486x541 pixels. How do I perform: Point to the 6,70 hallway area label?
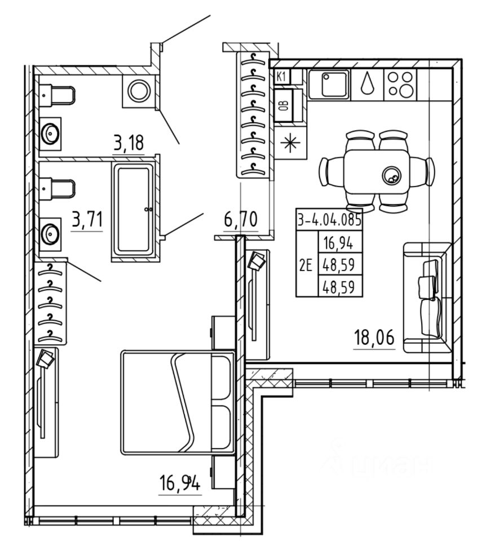click(x=241, y=220)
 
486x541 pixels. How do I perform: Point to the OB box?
click(x=284, y=106)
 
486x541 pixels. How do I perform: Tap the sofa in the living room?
click(x=427, y=298)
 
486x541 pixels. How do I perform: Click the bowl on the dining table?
click(x=390, y=176)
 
